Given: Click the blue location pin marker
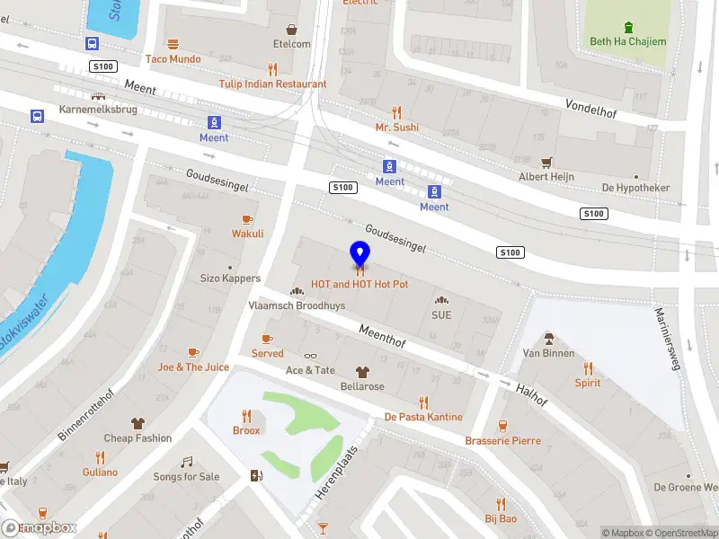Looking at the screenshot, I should [x=359, y=255].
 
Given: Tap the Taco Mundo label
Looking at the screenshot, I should [x=173, y=59].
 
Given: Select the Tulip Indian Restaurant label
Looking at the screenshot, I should [x=272, y=84].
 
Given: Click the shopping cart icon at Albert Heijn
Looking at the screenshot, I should [x=546, y=162].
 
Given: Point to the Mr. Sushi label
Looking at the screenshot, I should [x=396, y=128].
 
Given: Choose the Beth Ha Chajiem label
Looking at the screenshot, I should [x=628, y=41].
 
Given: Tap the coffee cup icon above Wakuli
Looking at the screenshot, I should [x=247, y=219].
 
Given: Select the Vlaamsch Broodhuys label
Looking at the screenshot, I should [x=297, y=305].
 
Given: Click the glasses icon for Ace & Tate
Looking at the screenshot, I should [x=310, y=356].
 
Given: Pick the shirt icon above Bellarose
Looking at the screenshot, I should [x=362, y=371].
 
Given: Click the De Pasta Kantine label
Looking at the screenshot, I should [x=423, y=417].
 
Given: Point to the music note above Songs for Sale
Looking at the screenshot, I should [x=186, y=462].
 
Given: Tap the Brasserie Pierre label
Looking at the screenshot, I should [x=502, y=441].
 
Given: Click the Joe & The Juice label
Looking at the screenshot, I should [x=193, y=367].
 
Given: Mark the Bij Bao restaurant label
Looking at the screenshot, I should [x=501, y=519].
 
